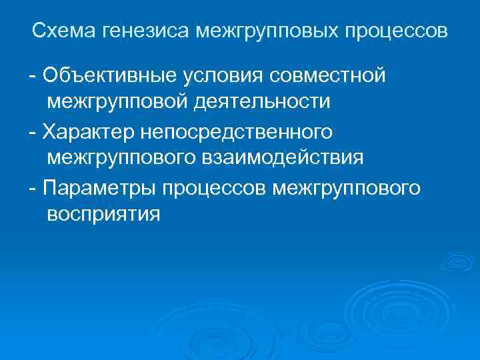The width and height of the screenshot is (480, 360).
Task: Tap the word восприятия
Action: point(104,215)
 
